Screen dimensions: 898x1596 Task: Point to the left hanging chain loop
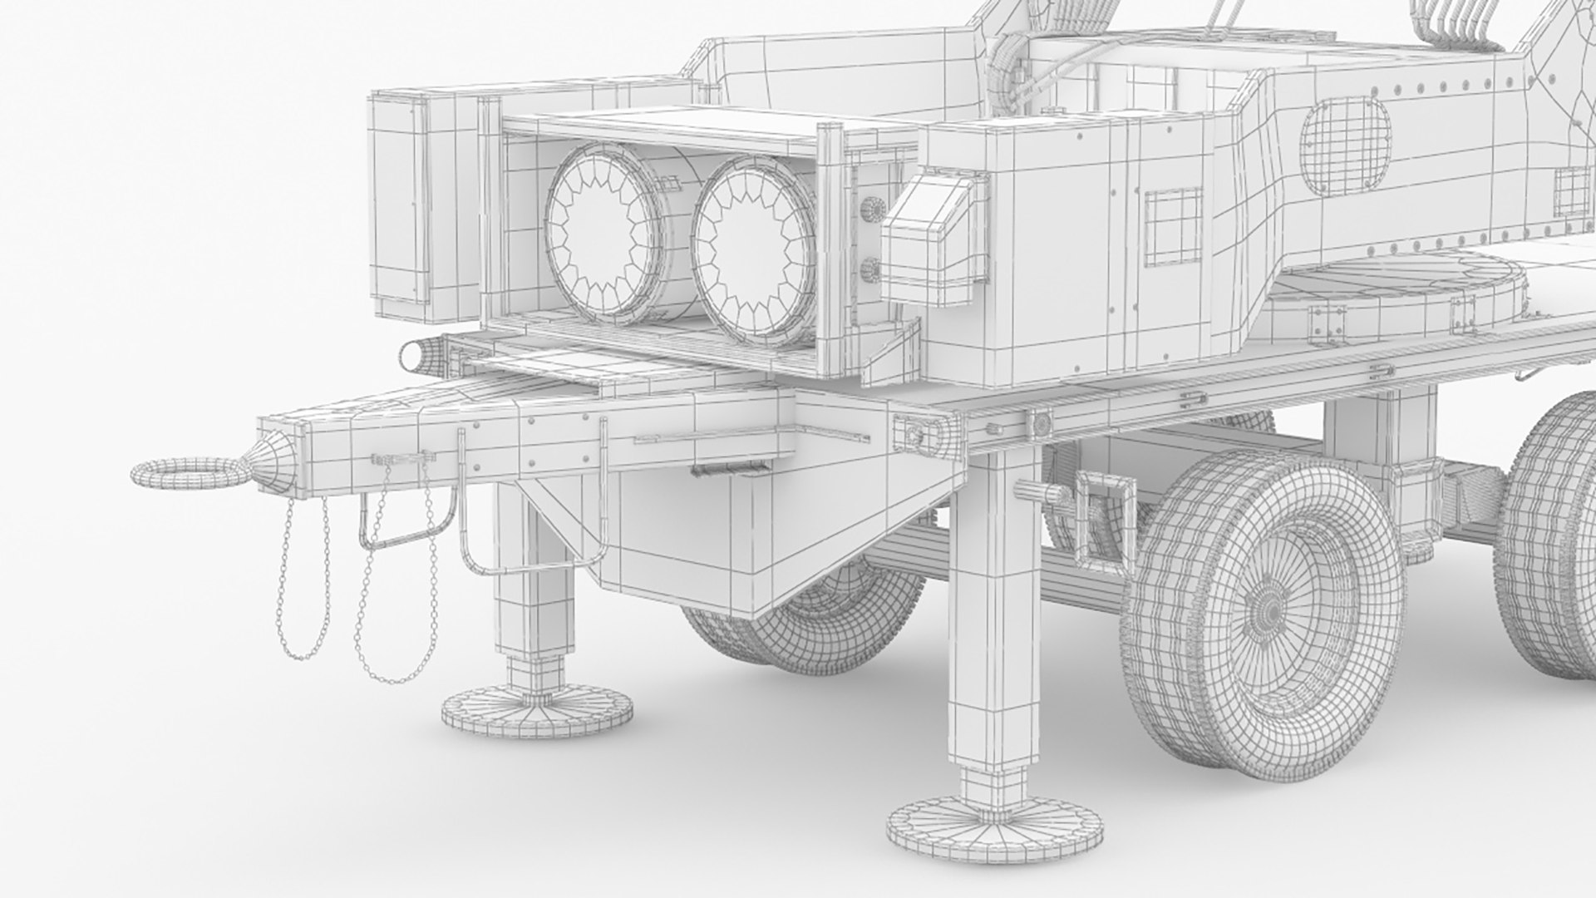[x=303, y=582]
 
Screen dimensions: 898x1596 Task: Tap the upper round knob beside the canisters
[x=870, y=209]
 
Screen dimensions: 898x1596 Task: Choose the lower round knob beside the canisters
[x=870, y=269]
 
